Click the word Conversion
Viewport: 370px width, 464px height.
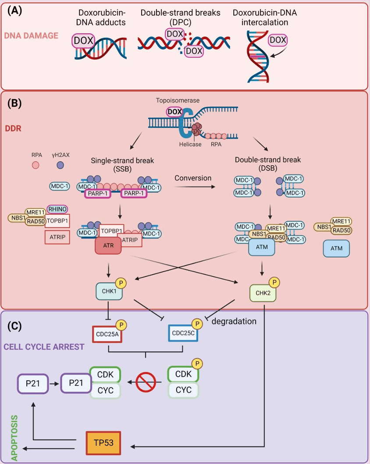click(193, 178)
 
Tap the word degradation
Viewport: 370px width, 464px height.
click(234, 322)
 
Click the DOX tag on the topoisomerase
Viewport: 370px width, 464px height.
click(174, 112)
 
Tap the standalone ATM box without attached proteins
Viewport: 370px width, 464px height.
click(336, 248)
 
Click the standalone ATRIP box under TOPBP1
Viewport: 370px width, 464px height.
click(57, 237)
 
